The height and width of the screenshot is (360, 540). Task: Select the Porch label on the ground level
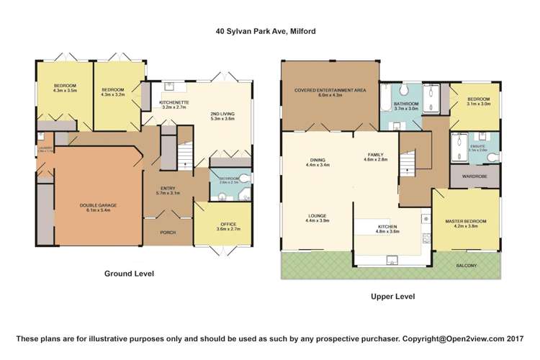point(168,232)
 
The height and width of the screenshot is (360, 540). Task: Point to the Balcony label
point(466,266)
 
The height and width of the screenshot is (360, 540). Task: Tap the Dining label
point(318,162)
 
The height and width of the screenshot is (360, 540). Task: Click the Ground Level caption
point(130,274)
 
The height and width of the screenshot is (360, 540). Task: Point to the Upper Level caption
point(392,296)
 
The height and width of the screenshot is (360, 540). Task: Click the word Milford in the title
point(301,32)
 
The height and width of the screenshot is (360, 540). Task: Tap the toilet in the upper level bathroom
point(405,89)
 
